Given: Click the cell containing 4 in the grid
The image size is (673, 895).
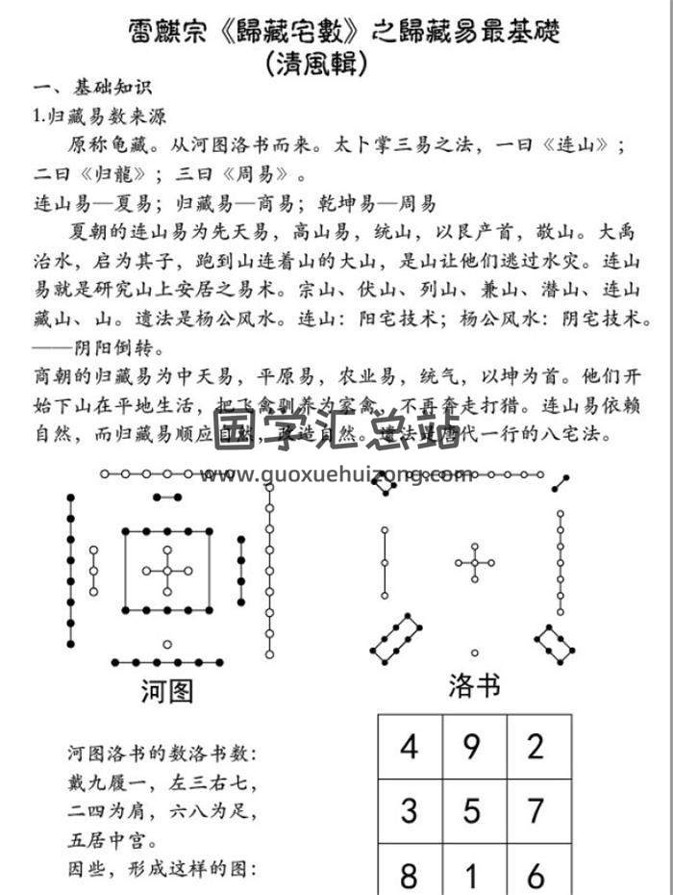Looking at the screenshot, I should click(411, 746).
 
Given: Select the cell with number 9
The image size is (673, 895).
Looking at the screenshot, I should click(472, 746).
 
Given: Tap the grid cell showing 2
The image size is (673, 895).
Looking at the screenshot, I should click(536, 746).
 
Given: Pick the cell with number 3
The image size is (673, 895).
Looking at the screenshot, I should click(411, 810).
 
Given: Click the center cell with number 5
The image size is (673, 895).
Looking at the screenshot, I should click(472, 810).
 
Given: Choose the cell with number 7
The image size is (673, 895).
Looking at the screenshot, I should click(536, 810).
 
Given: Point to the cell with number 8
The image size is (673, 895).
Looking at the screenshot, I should click(411, 874).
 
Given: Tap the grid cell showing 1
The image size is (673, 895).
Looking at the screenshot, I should click(472, 874).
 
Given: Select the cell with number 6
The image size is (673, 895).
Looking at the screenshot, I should click(536, 874).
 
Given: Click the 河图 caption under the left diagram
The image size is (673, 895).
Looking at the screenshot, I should click(168, 690).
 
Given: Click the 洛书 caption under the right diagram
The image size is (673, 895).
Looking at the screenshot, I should click(474, 685).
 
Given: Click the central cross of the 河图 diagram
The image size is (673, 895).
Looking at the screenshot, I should click(167, 570).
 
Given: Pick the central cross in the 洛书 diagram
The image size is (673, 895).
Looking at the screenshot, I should click(474, 562).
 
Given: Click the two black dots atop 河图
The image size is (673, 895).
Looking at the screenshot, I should click(167, 498).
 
